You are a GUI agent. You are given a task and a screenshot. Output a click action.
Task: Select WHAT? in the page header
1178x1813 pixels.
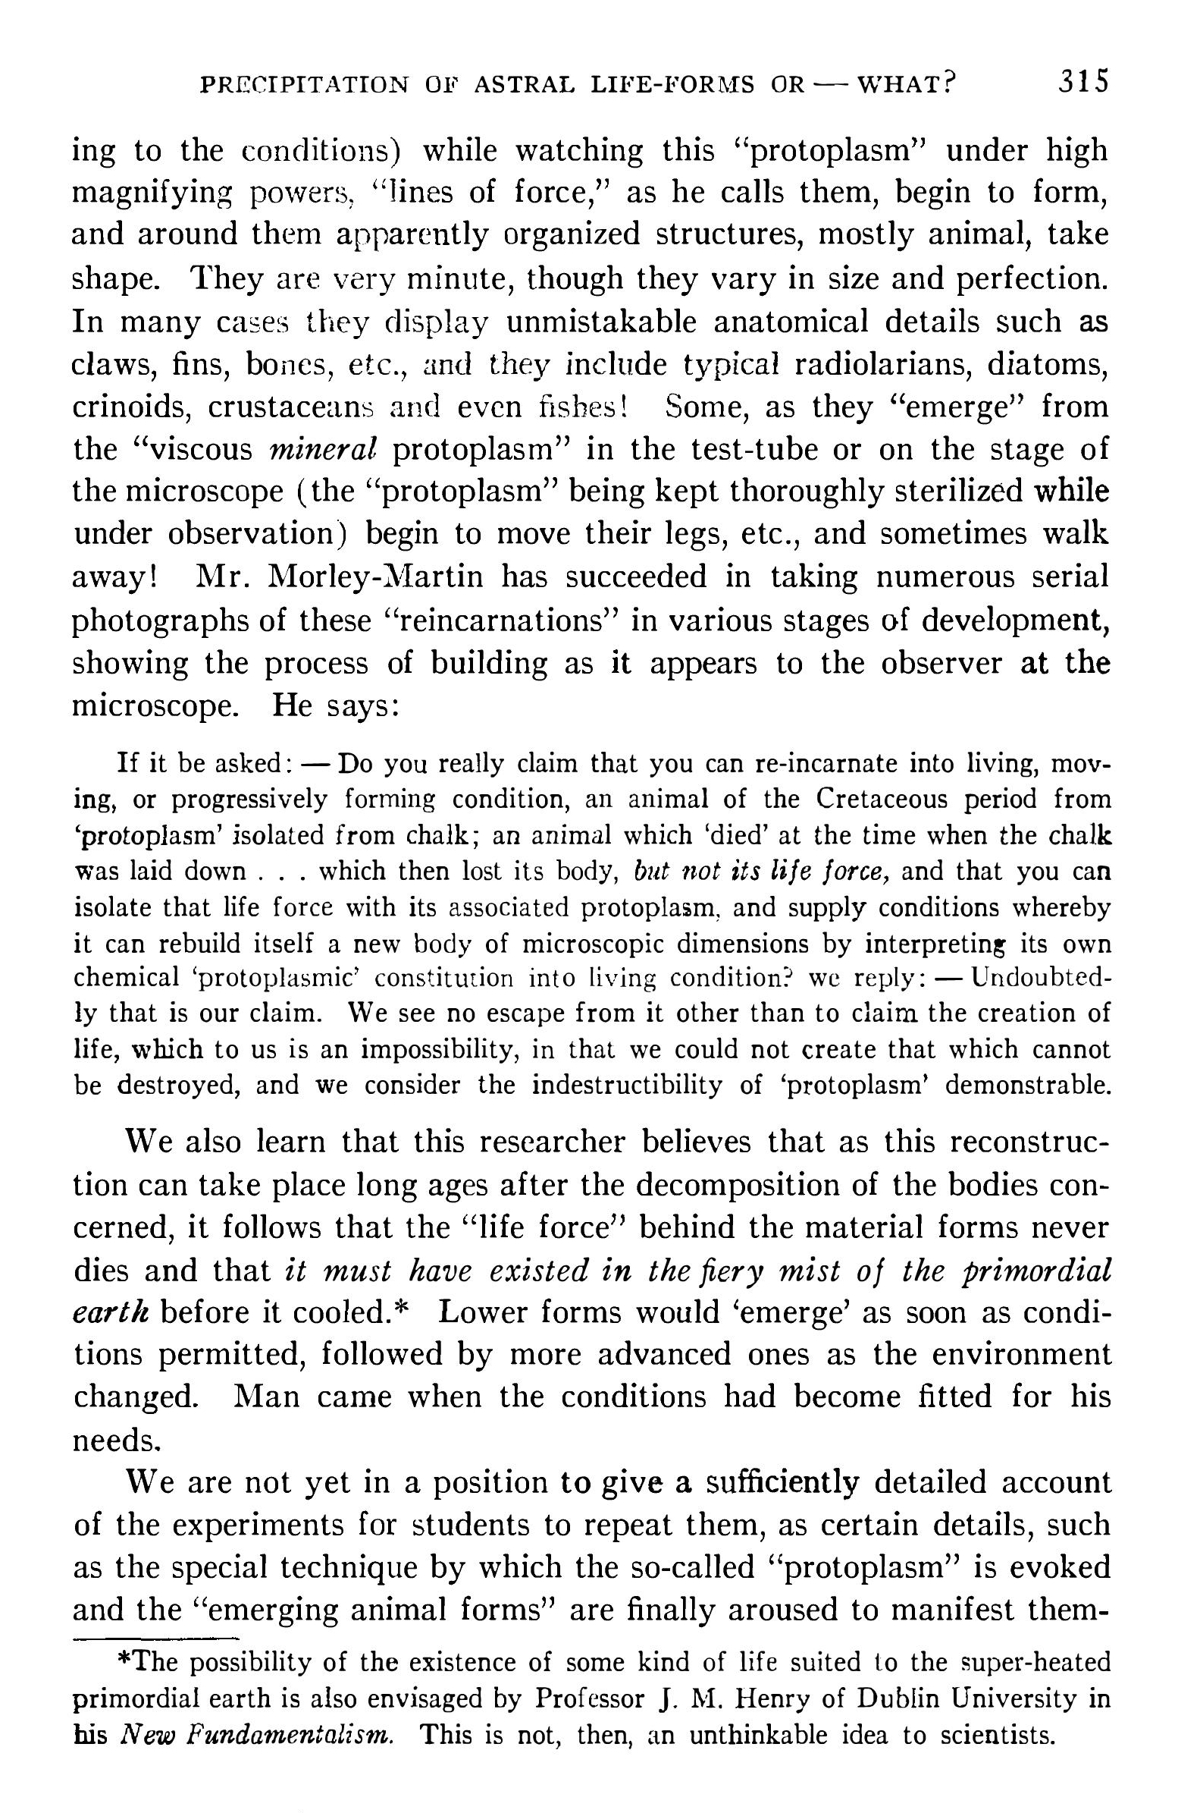click(x=906, y=83)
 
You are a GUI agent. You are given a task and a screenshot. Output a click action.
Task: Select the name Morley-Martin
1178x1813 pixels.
click(x=376, y=577)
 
